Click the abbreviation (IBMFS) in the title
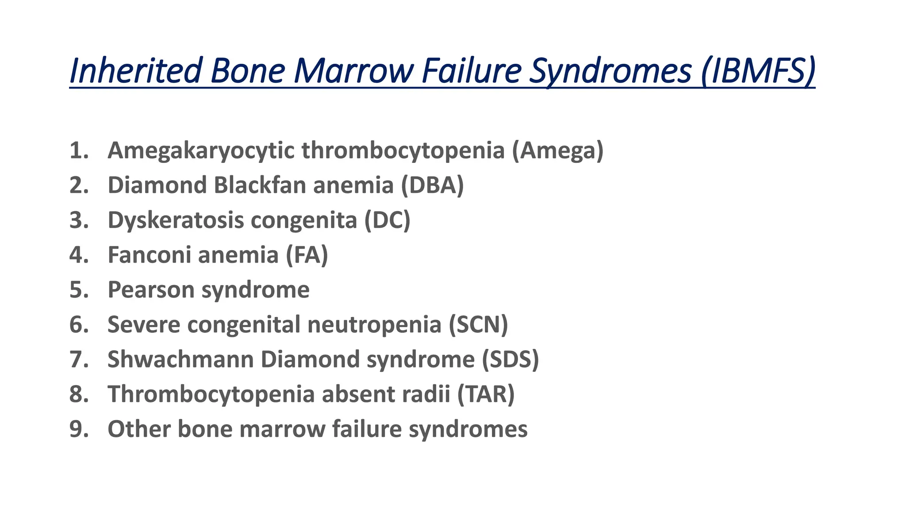point(758,71)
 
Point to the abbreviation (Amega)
point(558,151)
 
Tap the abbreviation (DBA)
point(432,185)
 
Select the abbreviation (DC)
point(388,220)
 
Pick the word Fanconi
point(149,255)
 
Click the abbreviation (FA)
point(307,255)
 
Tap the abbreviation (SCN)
point(478,325)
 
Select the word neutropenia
point(374,325)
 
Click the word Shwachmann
point(180,359)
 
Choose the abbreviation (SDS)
point(511,359)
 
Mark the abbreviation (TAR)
point(486,394)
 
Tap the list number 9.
point(79,429)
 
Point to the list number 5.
point(79,290)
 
